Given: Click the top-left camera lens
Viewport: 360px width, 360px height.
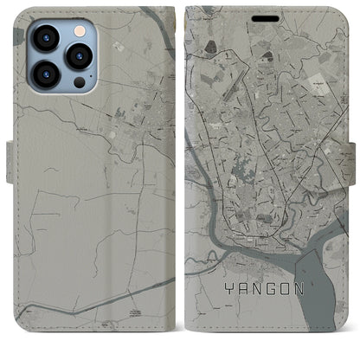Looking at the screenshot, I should click(45, 38).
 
